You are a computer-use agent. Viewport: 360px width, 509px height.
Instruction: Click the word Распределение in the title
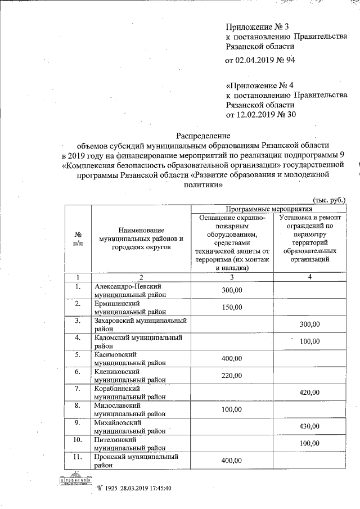(202, 136)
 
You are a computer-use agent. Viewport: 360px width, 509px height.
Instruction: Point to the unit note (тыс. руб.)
(328, 199)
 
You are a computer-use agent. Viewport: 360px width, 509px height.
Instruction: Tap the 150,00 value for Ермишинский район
(232, 307)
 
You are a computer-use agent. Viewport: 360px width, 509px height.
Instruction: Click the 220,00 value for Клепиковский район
(232, 375)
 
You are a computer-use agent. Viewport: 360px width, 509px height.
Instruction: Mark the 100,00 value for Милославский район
(232, 409)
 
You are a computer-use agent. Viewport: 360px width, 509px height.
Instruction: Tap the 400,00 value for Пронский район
(232, 461)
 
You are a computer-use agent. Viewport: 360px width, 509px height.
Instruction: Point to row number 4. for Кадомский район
(78, 337)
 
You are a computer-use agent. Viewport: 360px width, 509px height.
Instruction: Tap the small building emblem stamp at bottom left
(75, 480)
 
